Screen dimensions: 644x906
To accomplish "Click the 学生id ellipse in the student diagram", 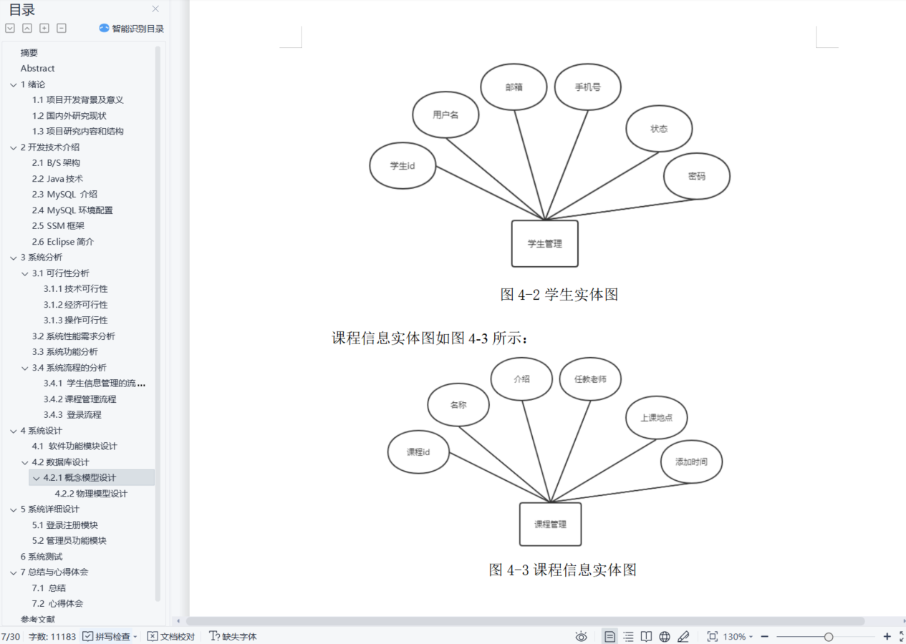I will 403,165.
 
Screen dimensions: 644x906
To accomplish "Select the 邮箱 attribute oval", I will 514,87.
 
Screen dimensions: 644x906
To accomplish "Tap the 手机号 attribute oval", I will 587,87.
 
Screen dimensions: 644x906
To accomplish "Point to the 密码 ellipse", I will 696,176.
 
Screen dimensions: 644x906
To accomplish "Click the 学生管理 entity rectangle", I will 544,243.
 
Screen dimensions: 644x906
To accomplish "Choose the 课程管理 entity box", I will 550,524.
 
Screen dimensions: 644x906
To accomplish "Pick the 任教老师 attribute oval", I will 590,379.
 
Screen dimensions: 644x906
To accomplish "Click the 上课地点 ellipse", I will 656,418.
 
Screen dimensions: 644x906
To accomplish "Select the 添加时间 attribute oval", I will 691,462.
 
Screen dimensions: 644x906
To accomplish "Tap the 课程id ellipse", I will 418,452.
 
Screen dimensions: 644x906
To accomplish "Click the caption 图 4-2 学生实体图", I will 559,294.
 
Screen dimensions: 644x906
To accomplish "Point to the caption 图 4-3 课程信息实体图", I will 562,570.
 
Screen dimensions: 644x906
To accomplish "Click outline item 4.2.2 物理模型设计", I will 91,493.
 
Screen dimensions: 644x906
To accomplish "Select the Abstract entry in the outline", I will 37,68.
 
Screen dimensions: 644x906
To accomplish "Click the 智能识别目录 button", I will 132,29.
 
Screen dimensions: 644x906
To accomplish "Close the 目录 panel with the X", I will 155,9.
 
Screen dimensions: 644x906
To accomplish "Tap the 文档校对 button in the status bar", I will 171,636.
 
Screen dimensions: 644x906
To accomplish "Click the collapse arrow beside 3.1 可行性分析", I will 25,273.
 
